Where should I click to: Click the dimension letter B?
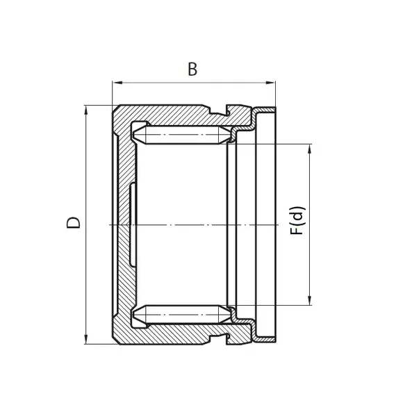point(192,69)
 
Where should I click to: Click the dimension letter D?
point(73,222)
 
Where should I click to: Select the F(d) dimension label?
point(298,221)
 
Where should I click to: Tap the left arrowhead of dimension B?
point(117,83)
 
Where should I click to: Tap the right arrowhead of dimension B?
point(270,83)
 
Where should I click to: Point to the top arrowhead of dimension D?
point(86,110)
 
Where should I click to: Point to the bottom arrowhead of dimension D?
point(86,339)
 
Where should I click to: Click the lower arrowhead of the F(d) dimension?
point(310,300)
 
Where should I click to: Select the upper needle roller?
point(182,135)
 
